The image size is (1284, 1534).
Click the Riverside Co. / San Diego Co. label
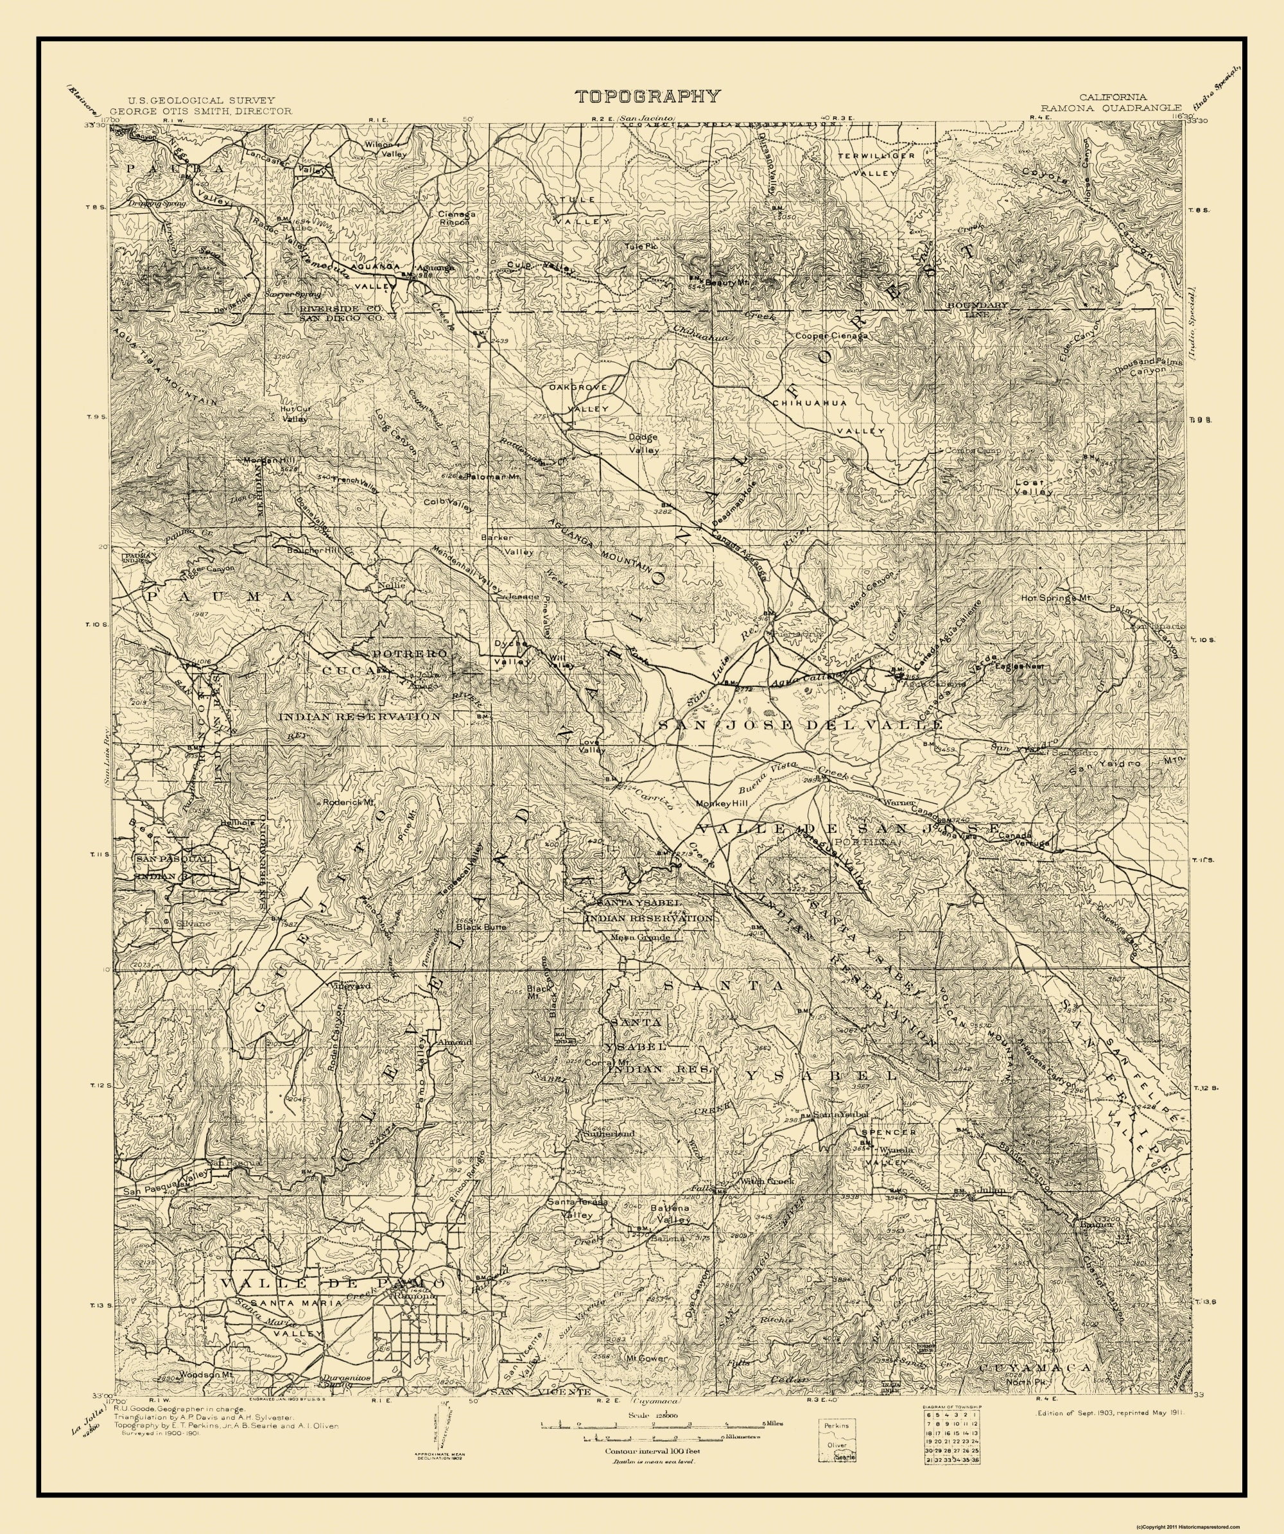[341, 313]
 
